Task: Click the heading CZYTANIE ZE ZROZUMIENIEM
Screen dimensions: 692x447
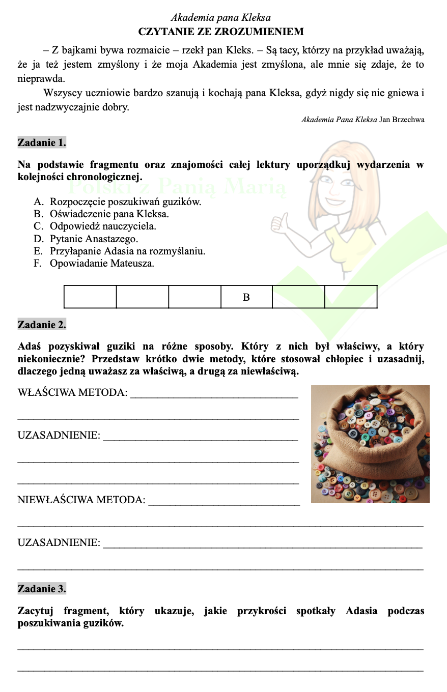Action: [x=221, y=32]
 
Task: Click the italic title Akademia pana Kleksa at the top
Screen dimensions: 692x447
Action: [x=220, y=18]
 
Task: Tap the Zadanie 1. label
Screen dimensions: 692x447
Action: [x=42, y=142]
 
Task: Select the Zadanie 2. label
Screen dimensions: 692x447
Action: [x=42, y=325]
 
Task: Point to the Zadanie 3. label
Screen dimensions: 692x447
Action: [x=42, y=589]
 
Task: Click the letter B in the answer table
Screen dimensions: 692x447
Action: [x=246, y=297]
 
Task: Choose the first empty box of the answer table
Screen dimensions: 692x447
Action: [x=90, y=297]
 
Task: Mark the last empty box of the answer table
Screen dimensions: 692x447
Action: [x=351, y=297]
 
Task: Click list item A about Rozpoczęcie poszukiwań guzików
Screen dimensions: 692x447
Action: [x=125, y=201]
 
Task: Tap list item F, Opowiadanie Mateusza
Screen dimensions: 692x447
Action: [x=101, y=264]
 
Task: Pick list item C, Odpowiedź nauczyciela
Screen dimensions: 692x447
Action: [x=103, y=226]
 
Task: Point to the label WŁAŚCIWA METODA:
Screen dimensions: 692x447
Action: [x=72, y=392]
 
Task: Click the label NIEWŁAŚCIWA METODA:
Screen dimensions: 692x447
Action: [x=81, y=500]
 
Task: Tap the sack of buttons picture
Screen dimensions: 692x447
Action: [x=370, y=444]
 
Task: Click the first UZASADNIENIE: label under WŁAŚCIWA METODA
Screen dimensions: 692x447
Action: [x=59, y=436]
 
